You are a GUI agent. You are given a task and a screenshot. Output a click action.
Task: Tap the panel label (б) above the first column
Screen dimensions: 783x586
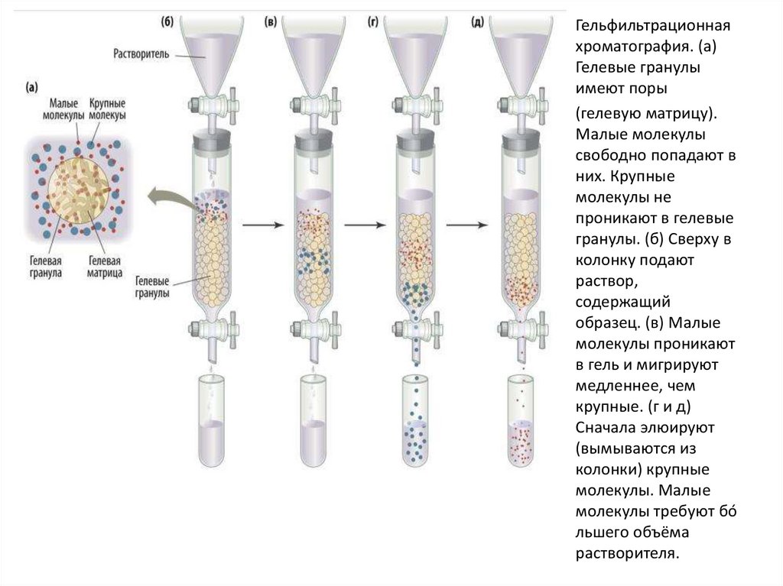167,22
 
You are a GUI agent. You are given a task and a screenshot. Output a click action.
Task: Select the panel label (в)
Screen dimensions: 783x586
271,22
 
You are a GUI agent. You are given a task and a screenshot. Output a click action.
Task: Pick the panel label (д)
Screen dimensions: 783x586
477,22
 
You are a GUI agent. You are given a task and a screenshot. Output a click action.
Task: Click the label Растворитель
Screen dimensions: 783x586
136,53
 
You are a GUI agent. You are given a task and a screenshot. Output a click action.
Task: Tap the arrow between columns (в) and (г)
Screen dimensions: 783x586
363,225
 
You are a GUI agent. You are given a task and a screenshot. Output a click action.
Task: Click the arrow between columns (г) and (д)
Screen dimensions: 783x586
466,225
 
